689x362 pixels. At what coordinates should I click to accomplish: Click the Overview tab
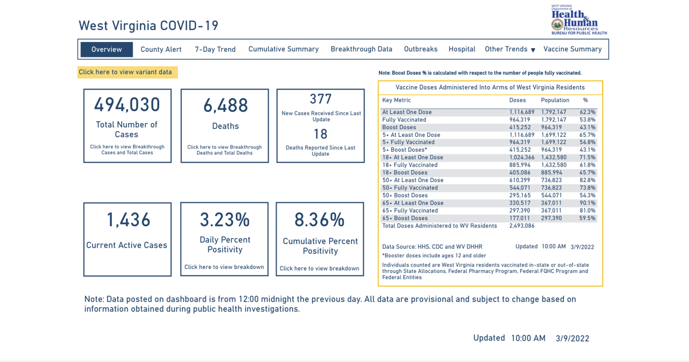(106, 49)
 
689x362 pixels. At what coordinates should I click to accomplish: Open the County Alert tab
(161, 49)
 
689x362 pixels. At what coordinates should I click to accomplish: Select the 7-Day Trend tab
(215, 49)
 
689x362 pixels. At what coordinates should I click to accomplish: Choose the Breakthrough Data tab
(361, 49)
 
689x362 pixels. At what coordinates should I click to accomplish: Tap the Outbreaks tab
(420, 49)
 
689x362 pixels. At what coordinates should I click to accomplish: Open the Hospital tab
(462, 49)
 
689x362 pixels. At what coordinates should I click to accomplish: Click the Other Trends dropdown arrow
(533, 50)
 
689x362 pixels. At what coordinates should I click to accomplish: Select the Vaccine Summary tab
(572, 49)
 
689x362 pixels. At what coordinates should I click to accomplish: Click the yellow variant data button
(127, 72)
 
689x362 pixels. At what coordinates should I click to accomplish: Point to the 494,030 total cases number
(127, 105)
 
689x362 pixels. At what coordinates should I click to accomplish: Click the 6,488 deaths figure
(226, 106)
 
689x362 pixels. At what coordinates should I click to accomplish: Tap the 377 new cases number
(320, 99)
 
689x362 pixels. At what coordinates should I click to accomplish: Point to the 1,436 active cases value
(128, 219)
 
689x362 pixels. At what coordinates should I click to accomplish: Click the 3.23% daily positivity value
(225, 219)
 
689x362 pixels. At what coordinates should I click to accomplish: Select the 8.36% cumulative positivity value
(320, 219)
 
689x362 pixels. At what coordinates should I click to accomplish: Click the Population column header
(555, 100)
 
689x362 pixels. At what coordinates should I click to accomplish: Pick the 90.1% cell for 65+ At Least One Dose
(587, 203)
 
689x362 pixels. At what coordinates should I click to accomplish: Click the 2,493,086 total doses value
(522, 226)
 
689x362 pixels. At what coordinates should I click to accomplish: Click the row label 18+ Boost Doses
(404, 172)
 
